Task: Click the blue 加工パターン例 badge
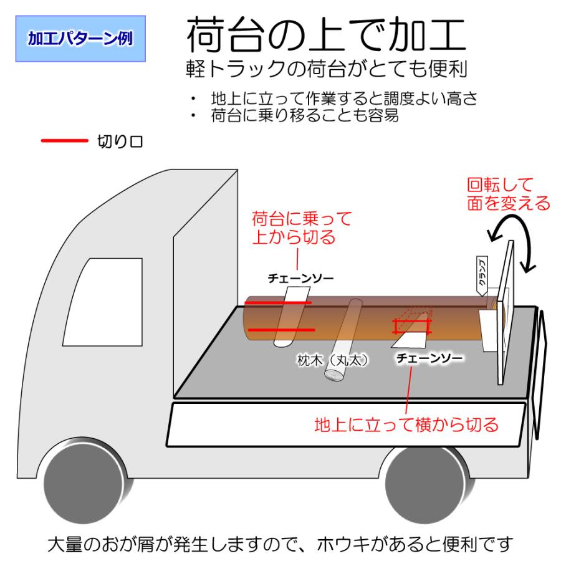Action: click(80, 39)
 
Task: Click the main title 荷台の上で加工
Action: click(326, 35)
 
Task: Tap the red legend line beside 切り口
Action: click(64, 141)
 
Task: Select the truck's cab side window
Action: click(103, 302)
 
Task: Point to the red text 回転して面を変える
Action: click(508, 194)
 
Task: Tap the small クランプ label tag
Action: click(482, 276)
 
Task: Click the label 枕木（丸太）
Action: click(332, 360)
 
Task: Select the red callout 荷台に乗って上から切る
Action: click(302, 228)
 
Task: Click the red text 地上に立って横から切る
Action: click(406, 424)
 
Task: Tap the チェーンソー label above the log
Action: click(300, 278)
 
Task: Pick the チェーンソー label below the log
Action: click(429, 358)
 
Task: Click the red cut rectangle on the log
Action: click(412, 326)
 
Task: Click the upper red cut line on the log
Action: click(278, 303)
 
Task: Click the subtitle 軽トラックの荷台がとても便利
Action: click(326, 69)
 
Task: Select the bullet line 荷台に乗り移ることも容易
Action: click(305, 115)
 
